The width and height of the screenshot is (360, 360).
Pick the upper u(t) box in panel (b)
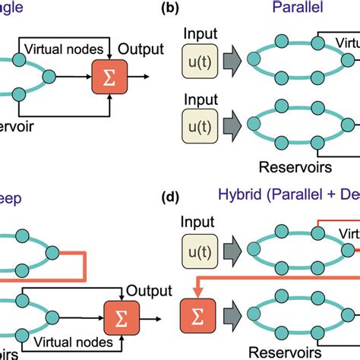(x=201, y=60)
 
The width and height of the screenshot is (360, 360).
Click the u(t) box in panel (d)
(x=201, y=250)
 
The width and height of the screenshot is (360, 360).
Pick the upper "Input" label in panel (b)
(x=201, y=35)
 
